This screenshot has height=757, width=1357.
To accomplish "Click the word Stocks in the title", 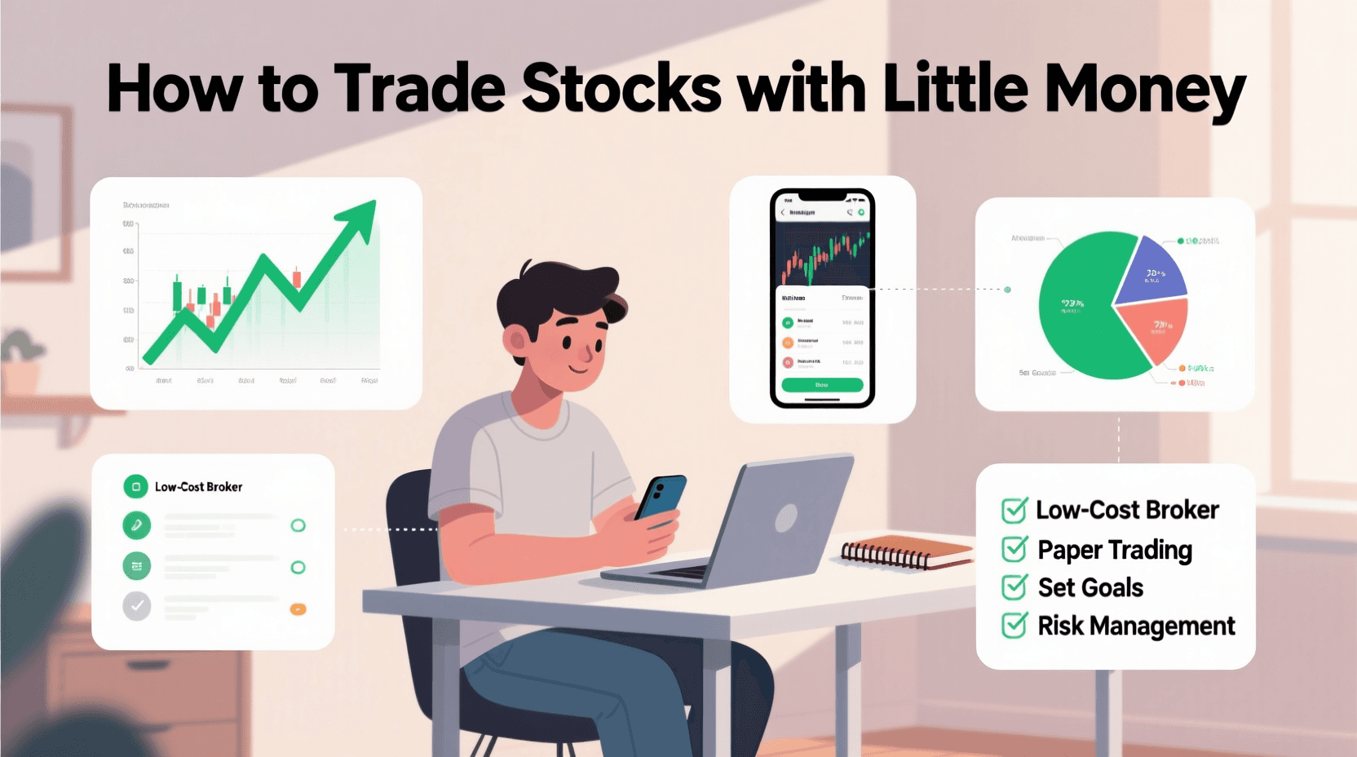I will click(x=621, y=88).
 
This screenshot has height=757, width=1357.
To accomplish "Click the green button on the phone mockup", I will click(x=822, y=385).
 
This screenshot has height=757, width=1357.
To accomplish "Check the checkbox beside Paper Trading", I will click(x=1014, y=550).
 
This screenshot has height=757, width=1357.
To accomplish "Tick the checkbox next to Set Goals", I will click(x=1014, y=587).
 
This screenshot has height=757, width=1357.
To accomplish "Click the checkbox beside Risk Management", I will click(x=1014, y=626).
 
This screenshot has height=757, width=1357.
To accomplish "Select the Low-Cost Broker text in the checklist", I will click(x=1127, y=510).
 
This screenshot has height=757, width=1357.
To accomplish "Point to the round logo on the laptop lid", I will click(x=786, y=517).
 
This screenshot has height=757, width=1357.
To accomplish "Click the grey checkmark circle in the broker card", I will click(x=137, y=606).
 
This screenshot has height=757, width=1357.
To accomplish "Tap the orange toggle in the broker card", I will click(x=298, y=609).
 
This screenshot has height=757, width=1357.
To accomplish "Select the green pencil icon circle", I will click(x=137, y=525).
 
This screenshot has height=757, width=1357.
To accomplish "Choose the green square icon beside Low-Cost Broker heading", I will click(x=135, y=487).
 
